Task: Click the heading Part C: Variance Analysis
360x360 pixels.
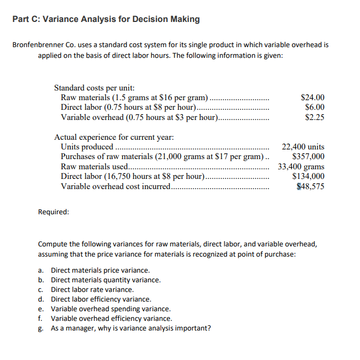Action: [x=106, y=19]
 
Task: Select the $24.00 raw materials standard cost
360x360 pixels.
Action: [x=312, y=97]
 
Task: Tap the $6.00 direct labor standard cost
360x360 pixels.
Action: [x=314, y=107]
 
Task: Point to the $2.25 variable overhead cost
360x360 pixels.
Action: [x=314, y=117]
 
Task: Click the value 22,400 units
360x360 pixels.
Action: [x=303, y=147]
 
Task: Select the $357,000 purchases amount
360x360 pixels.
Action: [x=307, y=156]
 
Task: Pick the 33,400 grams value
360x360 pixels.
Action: [x=301, y=167]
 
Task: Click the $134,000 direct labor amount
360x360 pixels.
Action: [x=307, y=176]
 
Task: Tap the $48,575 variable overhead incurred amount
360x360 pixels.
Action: [x=310, y=186]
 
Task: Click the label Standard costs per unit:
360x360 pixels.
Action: [x=94, y=87]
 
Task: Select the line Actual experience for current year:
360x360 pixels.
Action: [x=114, y=137]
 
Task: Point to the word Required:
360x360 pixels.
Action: [x=54, y=212]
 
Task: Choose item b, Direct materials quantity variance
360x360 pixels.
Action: [x=106, y=280]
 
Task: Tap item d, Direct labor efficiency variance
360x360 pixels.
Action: [x=101, y=299]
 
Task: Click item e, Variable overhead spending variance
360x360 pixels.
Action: [x=110, y=309]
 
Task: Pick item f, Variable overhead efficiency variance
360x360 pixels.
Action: [x=111, y=319]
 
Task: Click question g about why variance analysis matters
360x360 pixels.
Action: [x=130, y=328]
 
